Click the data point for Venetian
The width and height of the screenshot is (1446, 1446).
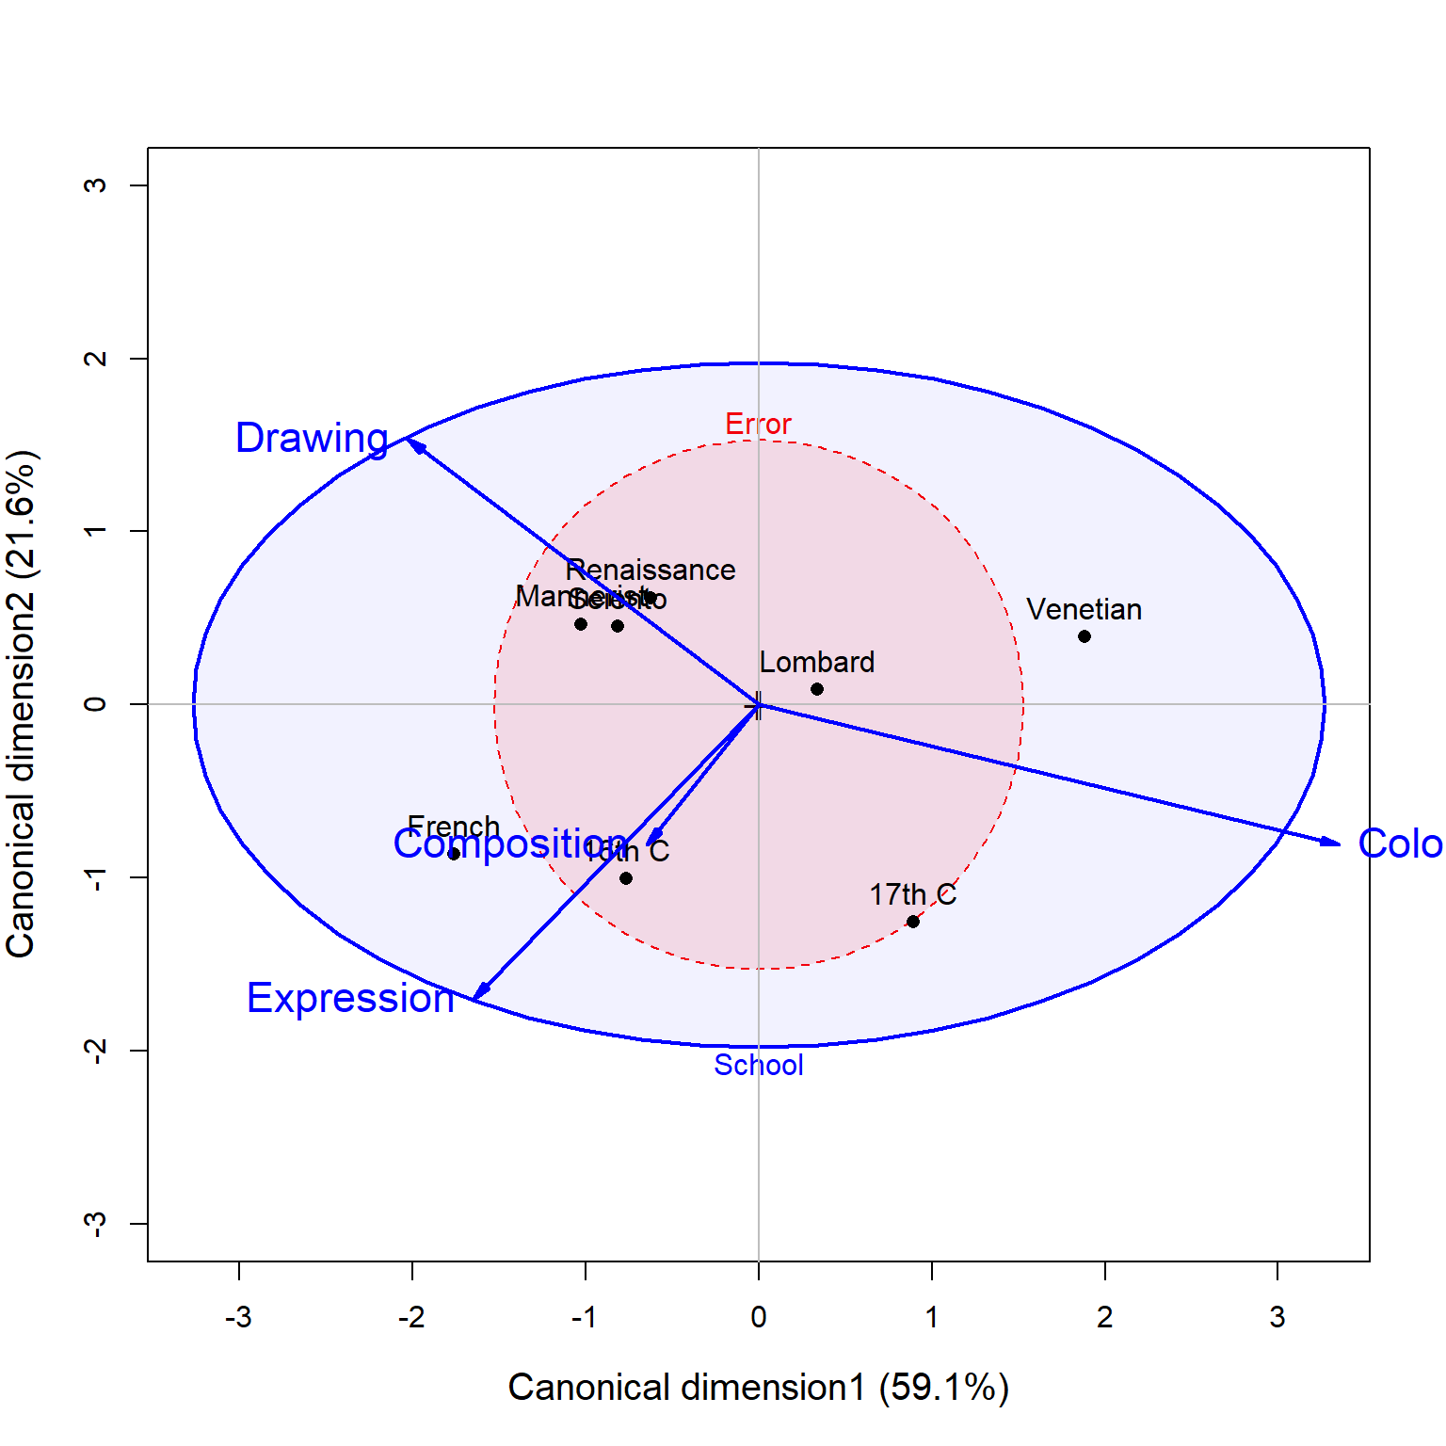click(1084, 636)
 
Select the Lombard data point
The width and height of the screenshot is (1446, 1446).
click(817, 689)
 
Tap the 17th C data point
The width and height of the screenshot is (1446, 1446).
click(913, 922)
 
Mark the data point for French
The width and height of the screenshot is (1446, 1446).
click(454, 854)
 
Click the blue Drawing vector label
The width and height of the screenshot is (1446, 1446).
click(312, 438)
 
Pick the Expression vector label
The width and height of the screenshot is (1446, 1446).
click(350, 998)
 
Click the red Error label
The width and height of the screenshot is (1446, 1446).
click(758, 425)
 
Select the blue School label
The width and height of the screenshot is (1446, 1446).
click(759, 1065)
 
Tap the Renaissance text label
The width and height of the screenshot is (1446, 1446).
click(651, 570)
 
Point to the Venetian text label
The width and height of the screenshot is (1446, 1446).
click(1084, 609)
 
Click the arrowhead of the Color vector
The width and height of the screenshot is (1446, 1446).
click(1334, 843)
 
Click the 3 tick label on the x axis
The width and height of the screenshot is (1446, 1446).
click(1277, 1316)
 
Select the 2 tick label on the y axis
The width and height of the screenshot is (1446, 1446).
click(95, 359)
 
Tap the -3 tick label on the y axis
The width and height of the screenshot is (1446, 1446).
click(95, 1223)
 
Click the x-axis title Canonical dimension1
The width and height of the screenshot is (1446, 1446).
click(758, 1388)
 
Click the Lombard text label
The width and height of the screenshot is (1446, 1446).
click(817, 662)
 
